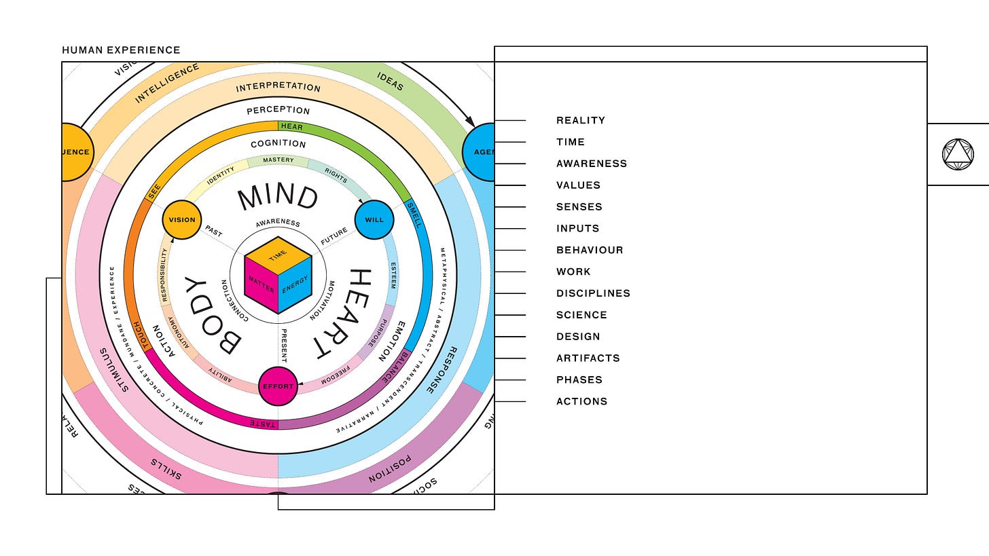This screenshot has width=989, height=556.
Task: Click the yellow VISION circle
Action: [182, 220]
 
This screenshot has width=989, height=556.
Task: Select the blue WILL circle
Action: [374, 220]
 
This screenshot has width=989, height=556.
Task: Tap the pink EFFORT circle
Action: [278, 386]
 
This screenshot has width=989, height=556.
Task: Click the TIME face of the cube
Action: [278, 255]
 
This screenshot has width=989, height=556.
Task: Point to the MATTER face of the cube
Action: [261, 285]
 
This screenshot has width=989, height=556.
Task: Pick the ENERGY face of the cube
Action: [295, 285]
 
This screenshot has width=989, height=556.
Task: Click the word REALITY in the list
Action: [581, 120]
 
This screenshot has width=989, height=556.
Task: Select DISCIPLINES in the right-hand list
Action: [593, 293]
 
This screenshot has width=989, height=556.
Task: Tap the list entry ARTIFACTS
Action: [588, 358]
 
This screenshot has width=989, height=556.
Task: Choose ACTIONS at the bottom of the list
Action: [581, 401]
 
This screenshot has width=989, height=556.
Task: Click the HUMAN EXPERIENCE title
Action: [121, 50]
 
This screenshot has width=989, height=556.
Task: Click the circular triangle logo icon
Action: [958, 154]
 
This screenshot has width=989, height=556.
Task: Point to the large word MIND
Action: [278, 198]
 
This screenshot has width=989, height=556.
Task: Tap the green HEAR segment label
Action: [291, 126]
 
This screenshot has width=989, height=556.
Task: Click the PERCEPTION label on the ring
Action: [278, 110]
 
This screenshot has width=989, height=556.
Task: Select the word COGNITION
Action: [278, 144]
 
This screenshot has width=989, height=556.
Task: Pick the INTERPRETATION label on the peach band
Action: [278, 88]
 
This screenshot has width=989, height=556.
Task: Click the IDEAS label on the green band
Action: [390, 81]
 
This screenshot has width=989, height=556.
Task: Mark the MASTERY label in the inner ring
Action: [278, 160]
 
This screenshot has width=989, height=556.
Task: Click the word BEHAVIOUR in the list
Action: [590, 250]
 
